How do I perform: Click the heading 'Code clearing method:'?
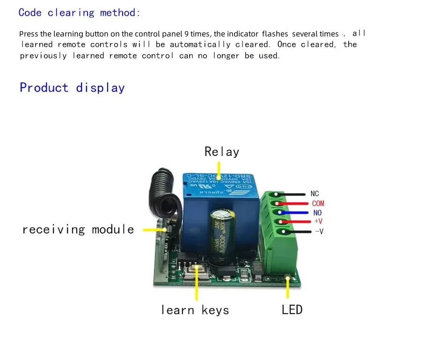pos(79,13)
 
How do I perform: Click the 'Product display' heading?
pos(72,88)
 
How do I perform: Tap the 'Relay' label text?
pos(221,152)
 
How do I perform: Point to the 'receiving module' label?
pos(78,229)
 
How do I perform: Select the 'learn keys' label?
pos(195,310)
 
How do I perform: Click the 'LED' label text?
pos(292,309)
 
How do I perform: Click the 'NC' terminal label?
pos(315,194)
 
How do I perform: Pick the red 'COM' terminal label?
pos(318,204)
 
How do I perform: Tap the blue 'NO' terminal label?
pos(317,213)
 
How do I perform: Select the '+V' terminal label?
pos(318,221)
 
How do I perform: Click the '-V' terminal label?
pos(319,231)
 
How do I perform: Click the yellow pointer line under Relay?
pos(219,169)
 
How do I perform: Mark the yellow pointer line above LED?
pos(287,288)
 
